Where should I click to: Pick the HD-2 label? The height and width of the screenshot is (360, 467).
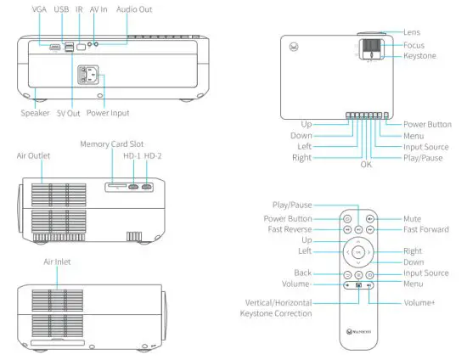(154, 156)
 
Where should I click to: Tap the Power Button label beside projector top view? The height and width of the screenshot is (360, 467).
(427, 124)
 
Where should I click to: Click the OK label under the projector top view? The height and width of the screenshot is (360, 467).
(366, 165)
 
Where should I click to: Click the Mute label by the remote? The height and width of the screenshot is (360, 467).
(412, 217)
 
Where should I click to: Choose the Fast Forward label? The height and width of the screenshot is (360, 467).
(427, 229)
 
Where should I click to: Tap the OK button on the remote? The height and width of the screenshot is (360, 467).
(359, 252)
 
